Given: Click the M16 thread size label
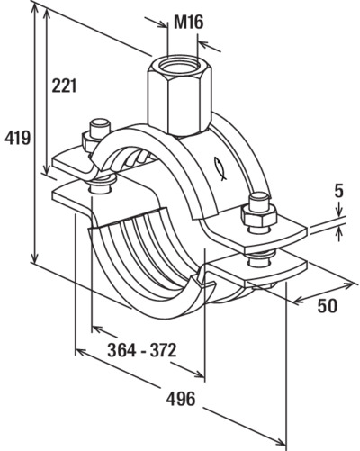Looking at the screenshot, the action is (x=189, y=23).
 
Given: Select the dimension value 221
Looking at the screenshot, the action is (x=64, y=86).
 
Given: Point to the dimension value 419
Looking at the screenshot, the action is (x=17, y=138).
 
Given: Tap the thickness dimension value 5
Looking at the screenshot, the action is (x=338, y=192).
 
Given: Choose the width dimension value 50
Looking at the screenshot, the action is (x=328, y=306).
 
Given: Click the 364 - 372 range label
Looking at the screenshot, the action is (x=142, y=350).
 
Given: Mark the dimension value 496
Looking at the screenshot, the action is (x=181, y=399).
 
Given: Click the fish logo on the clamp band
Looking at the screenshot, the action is (x=220, y=168).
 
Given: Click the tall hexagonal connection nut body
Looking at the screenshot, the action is (x=180, y=96).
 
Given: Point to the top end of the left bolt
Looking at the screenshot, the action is (x=99, y=123).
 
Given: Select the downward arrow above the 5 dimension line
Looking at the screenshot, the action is (x=339, y=210).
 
